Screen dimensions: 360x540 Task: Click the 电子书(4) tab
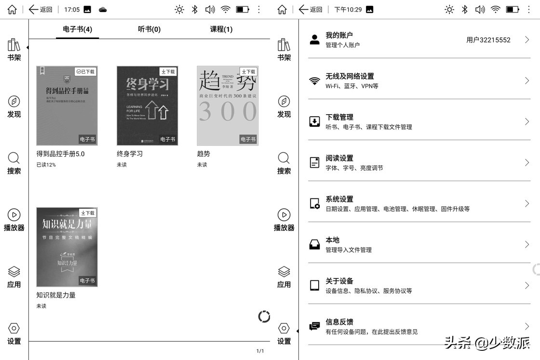click(78, 29)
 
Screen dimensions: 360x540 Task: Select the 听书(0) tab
click(149, 29)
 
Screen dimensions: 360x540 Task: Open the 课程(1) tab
click(221, 29)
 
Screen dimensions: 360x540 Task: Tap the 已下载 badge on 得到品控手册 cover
click(86, 71)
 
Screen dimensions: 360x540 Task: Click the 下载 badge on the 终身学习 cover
click(168, 71)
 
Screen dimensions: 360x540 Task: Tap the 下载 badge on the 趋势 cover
click(248, 71)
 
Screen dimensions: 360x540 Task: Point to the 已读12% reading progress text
click(46, 165)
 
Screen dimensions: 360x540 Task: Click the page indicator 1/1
click(260, 351)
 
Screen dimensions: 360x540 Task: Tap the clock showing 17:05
click(72, 10)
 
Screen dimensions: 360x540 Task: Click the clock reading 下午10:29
click(348, 10)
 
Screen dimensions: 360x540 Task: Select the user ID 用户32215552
click(488, 40)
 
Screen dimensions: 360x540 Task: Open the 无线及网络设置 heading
click(350, 76)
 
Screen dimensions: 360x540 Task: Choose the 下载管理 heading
click(339, 117)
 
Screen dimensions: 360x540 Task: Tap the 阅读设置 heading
click(339, 158)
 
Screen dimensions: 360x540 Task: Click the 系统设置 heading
click(339, 199)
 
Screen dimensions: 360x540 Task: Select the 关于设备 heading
click(339, 281)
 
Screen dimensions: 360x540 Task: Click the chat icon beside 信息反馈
click(314, 326)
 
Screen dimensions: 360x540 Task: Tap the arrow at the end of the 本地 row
click(527, 245)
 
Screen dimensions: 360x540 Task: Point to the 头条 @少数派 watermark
click(487, 343)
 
